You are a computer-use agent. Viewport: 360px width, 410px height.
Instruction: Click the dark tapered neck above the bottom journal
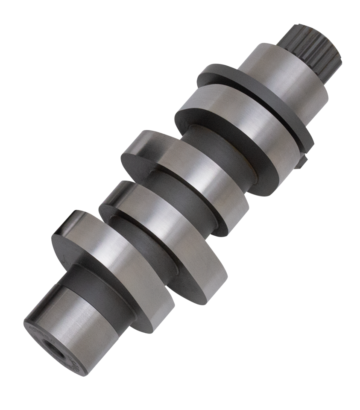point(85,278)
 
